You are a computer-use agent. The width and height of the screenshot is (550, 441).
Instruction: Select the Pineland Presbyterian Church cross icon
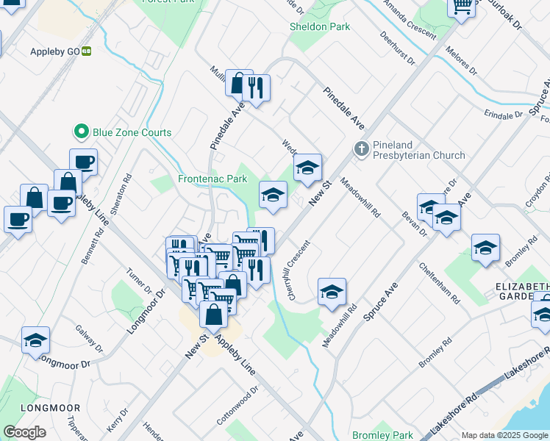coord(361,149)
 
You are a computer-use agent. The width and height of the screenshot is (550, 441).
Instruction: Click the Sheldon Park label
coord(320,26)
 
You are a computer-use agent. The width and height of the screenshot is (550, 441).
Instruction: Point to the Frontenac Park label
coord(213,179)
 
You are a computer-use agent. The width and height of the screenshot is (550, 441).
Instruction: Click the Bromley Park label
coord(382,435)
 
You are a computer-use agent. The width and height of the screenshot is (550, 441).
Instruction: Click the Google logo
coord(24,432)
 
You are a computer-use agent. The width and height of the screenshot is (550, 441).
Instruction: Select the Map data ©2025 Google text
coord(504,436)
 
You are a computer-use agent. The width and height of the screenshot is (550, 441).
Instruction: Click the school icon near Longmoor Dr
coord(35,340)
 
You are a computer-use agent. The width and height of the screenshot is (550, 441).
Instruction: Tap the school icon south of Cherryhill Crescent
coord(332,292)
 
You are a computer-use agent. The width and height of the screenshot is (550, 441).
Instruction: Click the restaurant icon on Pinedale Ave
coord(257,88)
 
